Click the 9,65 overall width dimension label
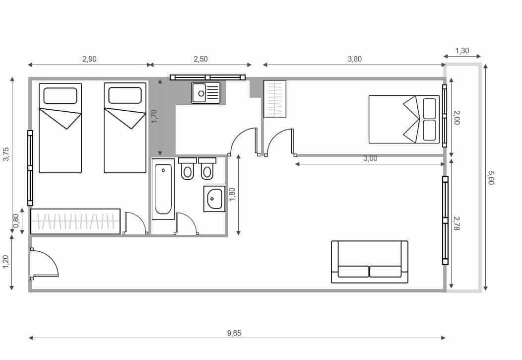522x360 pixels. click(234, 333)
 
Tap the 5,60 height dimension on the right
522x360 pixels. click(491, 178)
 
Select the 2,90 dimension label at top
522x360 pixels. click(89, 59)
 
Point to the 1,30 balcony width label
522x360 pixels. click(462, 51)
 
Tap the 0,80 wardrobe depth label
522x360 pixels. click(16, 220)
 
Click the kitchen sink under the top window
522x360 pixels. click(206, 93)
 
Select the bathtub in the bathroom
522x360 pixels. click(163, 189)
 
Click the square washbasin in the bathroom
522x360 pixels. click(214, 199)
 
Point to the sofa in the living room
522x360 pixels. click(370, 262)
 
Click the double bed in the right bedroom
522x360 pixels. click(404, 120)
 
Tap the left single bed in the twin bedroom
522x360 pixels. click(60, 128)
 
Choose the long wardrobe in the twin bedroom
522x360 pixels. click(75, 221)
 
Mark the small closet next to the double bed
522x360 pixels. click(275, 99)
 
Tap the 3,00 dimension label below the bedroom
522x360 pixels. click(370, 159)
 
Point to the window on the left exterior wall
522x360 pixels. click(30, 168)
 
